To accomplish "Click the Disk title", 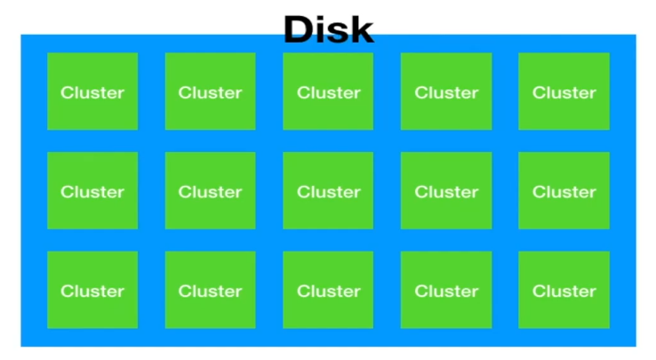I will tap(328, 28).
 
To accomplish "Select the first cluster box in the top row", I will tap(92, 92).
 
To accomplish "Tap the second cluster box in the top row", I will tap(210, 92).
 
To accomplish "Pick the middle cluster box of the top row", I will tap(328, 92).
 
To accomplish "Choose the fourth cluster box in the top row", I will tap(445, 92).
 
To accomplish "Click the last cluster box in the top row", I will tap(564, 92).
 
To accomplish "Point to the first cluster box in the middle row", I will tap(92, 190).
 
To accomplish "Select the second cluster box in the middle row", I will tap(210, 190).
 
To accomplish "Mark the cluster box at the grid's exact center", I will tap(328, 190).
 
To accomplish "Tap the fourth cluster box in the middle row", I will tap(445, 190).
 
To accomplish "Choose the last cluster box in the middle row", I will tap(564, 190).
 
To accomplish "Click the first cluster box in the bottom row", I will tap(92, 290).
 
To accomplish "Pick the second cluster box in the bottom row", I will tap(210, 290).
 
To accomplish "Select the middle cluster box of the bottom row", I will tap(328, 290).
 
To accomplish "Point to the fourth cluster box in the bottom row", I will tap(445, 290).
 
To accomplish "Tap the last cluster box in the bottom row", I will tap(564, 290).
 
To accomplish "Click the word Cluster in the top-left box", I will tap(92, 92).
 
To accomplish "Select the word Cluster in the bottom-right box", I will tap(564, 291).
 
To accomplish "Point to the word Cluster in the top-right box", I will tap(564, 92).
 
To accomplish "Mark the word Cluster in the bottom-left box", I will tap(92, 291).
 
